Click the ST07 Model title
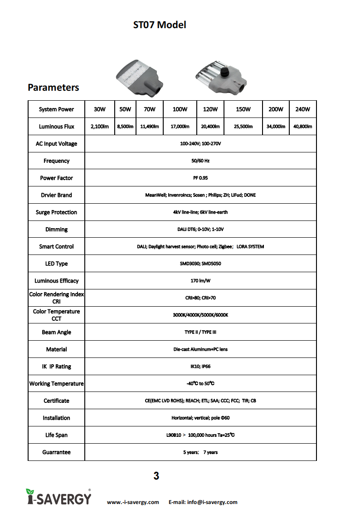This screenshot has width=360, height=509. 160,25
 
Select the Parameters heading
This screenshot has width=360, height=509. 54,88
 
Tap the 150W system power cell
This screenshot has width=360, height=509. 243,109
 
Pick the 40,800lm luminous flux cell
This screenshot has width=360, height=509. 302,127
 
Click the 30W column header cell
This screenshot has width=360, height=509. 99,109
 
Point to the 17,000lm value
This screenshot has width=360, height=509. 180,127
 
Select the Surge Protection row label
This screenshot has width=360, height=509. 56,212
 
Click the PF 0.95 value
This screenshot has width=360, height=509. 200,178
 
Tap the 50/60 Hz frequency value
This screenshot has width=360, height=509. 200,161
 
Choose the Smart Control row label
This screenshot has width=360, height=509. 56,247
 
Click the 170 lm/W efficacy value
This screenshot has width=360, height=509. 200,281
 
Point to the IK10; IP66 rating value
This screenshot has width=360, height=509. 200,367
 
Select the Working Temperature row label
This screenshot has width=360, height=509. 56,384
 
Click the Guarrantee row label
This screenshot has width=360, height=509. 56,452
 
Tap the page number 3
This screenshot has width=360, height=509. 156,476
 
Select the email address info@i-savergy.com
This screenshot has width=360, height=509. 203,502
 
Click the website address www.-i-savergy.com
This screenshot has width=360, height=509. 133,502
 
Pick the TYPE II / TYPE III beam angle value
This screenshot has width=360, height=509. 200,332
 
